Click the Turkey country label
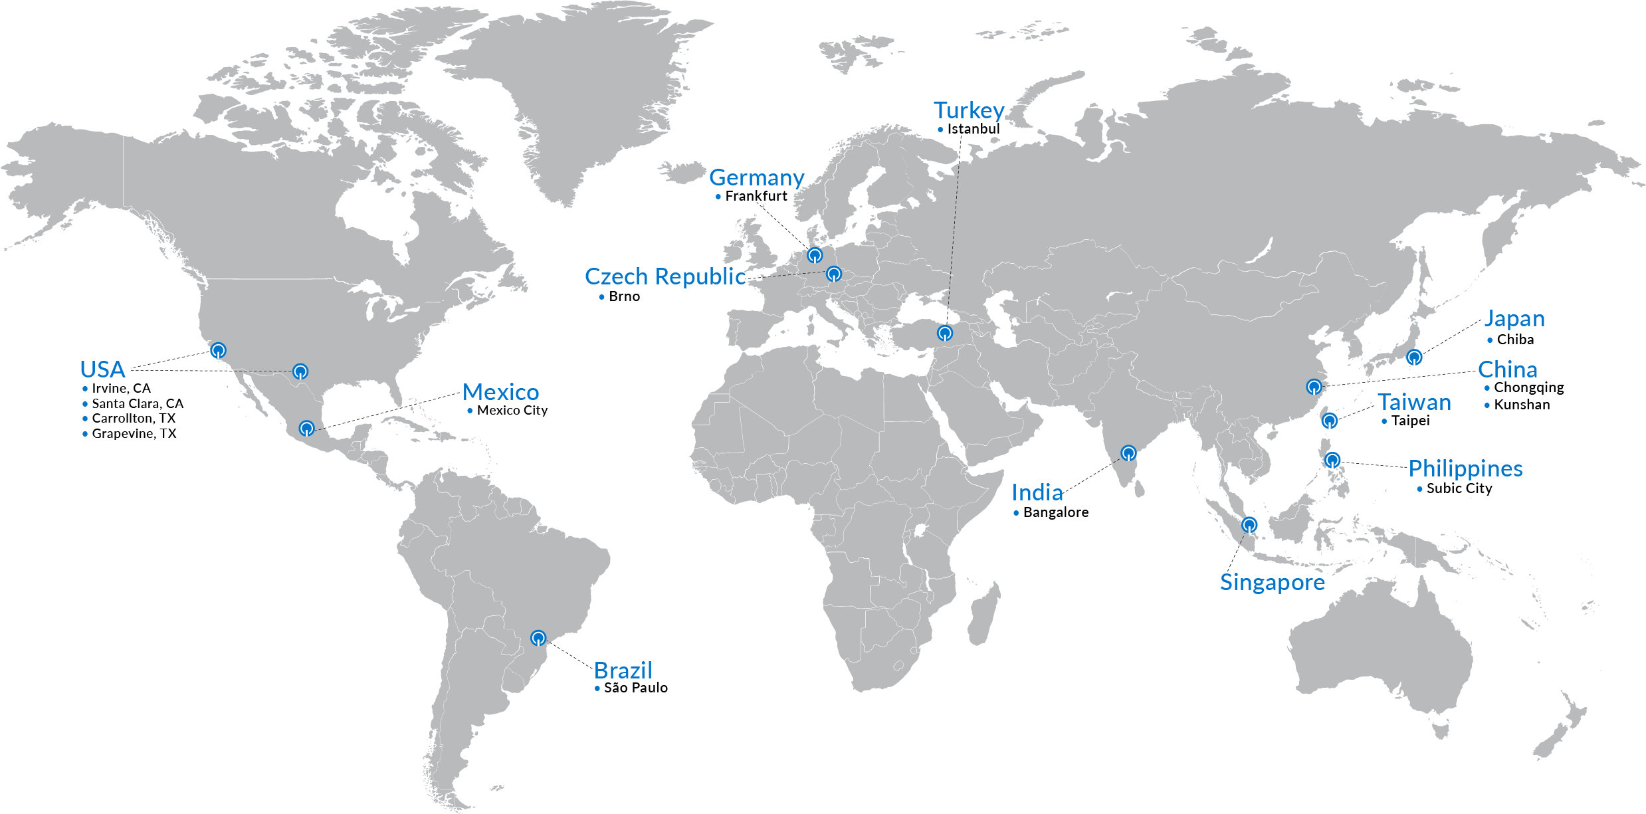(x=968, y=110)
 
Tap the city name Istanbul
(x=973, y=129)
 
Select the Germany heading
(x=756, y=178)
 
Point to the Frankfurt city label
(x=756, y=196)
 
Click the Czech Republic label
(x=665, y=276)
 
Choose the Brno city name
(x=624, y=296)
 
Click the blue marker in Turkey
(x=945, y=333)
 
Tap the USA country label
(x=102, y=369)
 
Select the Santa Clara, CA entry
(x=138, y=403)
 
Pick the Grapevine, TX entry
(x=134, y=433)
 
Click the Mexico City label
(x=512, y=411)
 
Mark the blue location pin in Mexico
(x=306, y=427)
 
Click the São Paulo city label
(x=635, y=688)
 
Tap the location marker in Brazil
(x=538, y=638)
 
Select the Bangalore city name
(x=1055, y=512)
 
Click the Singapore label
(x=1272, y=582)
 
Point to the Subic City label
(x=1459, y=488)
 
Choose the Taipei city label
(x=1410, y=421)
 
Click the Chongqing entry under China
(x=1528, y=387)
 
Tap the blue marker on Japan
(x=1414, y=357)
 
